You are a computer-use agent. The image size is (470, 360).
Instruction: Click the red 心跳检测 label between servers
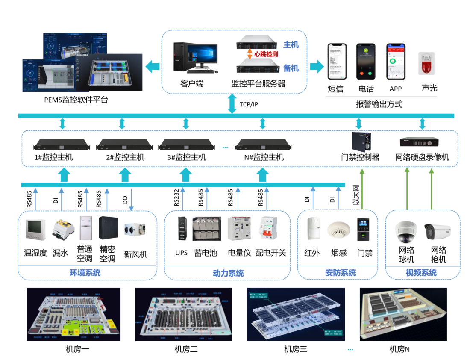coord(266,54)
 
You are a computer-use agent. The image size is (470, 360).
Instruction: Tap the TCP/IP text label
coord(249,104)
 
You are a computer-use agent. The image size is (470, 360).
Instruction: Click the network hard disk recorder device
coord(419,141)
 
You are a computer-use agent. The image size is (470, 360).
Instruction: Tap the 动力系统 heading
coord(228,273)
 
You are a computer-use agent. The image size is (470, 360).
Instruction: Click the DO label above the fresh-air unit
coord(125,200)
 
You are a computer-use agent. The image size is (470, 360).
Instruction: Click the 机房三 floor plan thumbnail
coord(296,314)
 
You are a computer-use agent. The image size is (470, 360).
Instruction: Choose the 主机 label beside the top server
coord(291,44)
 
